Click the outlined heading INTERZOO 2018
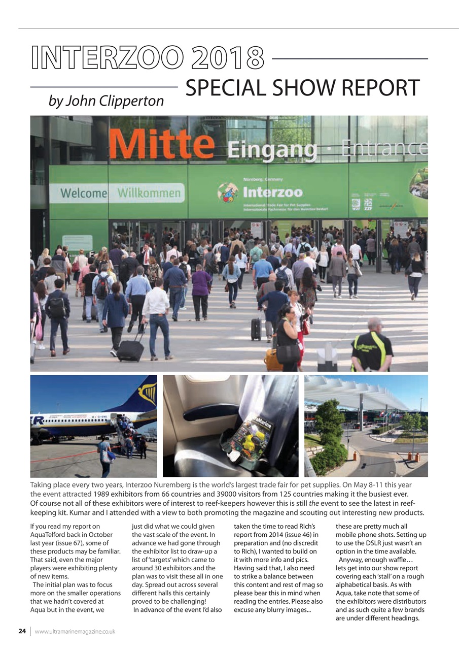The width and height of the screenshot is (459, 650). pyautogui.click(x=147, y=58)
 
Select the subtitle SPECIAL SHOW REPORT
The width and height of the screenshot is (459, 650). pyautogui.click(x=302, y=88)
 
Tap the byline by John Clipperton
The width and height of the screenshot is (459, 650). pyautogui.click(x=106, y=101)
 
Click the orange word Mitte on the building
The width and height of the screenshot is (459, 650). pyautogui.click(x=161, y=144)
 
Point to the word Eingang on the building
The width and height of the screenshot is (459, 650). pyautogui.click(x=272, y=150)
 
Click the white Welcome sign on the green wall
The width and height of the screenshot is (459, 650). pyautogui.click(x=83, y=193)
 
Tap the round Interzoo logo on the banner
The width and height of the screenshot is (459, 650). pyautogui.click(x=228, y=193)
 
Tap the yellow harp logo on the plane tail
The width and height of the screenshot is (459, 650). pyautogui.click(x=147, y=394)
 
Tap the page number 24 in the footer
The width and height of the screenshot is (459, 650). pyautogui.click(x=22, y=631)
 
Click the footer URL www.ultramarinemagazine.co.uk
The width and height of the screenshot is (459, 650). pyautogui.click(x=75, y=632)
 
